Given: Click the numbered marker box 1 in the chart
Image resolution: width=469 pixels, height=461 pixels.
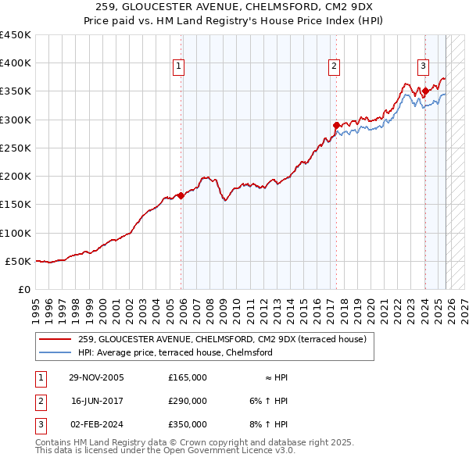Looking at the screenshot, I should [x=179, y=67].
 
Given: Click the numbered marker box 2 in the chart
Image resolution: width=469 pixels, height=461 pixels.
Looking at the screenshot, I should [x=334, y=67].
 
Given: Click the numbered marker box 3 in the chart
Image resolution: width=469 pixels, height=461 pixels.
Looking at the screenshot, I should [x=423, y=67].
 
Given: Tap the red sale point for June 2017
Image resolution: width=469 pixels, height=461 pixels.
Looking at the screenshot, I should [x=336, y=125].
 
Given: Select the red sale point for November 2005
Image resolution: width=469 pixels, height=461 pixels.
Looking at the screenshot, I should [x=181, y=195].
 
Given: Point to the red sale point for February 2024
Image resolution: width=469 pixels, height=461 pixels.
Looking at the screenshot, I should [x=425, y=91].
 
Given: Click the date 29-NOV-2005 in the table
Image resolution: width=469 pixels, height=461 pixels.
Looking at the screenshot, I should [x=96, y=377].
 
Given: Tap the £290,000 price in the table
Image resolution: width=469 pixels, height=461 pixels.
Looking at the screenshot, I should [x=188, y=401].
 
